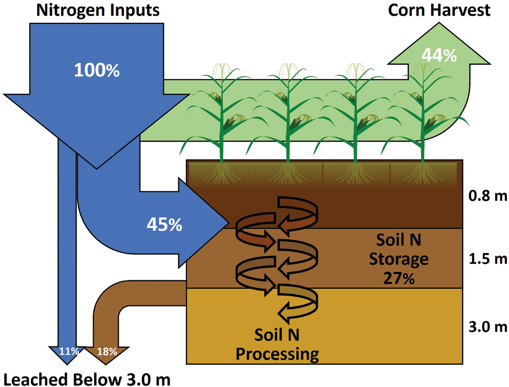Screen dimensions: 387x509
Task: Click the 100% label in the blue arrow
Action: click(x=97, y=70)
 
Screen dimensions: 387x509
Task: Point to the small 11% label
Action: click(x=68, y=351)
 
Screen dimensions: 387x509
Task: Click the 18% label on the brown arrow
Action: click(x=107, y=351)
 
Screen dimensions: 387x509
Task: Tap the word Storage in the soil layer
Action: click(x=399, y=259)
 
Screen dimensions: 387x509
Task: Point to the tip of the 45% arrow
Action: click(x=226, y=222)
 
